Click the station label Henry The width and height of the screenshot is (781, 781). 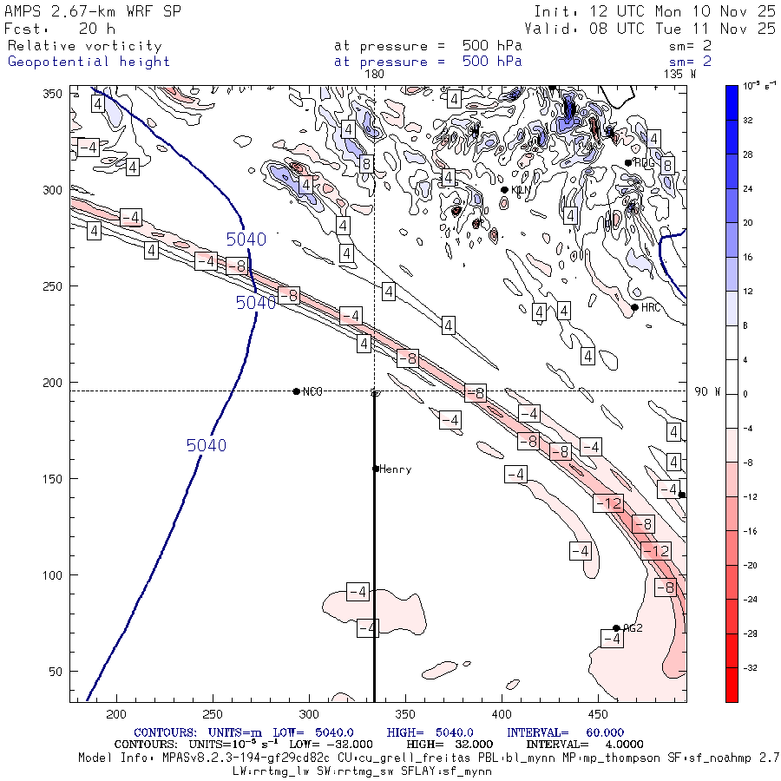395,469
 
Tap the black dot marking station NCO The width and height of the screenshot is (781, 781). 297,391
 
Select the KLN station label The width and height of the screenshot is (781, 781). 521,190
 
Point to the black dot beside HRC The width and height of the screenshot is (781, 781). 635,307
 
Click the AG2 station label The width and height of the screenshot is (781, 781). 633,628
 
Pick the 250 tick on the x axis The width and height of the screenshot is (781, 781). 213,713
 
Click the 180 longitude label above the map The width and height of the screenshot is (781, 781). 374,75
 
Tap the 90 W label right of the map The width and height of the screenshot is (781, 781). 708,391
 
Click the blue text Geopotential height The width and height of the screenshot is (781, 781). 89,62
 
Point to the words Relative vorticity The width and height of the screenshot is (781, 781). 84,46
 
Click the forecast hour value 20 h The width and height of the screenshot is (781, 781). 90,29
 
